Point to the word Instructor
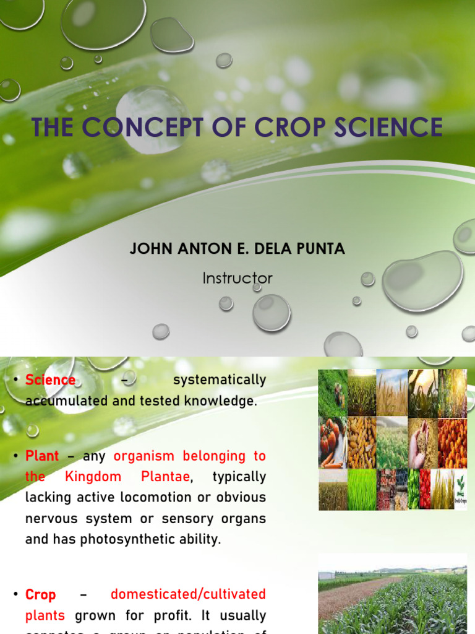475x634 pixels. pyautogui.click(x=237, y=278)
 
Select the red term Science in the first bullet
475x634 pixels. pyautogui.click(x=50, y=380)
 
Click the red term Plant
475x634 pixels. pyautogui.click(x=42, y=456)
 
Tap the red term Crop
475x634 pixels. pyautogui.click(x=40, y=595)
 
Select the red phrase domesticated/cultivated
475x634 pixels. pyautogui.click(x=188, y=594)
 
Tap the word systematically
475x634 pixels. pyautogui.click(x=220, y=380)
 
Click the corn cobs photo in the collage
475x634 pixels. pyautogui.click(x=361, y=442)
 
